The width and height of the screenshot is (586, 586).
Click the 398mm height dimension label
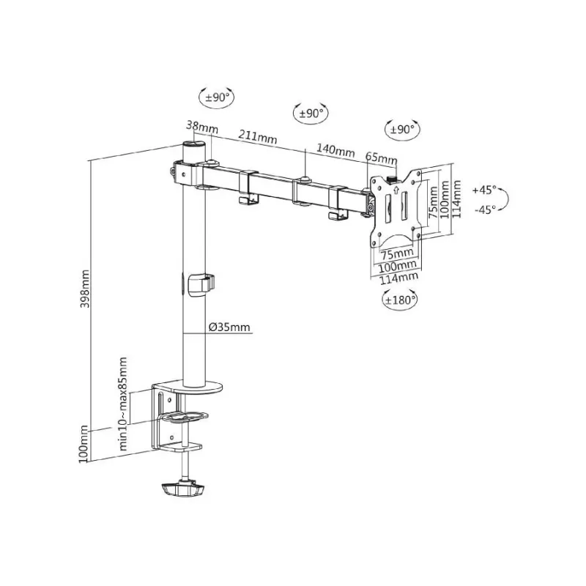pos(86,289)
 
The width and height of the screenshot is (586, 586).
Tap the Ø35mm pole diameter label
pos(229,327)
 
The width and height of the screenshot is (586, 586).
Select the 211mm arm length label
pos(258,136)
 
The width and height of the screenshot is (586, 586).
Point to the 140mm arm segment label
pos(335,150)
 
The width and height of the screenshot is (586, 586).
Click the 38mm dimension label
pos(202,126)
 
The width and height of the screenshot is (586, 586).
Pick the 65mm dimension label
pos(381,157)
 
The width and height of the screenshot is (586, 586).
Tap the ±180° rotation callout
pos(400,300)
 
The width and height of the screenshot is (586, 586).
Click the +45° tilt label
pos(484,190)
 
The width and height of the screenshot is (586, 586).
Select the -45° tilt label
pos(485,209)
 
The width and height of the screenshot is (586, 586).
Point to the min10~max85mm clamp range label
pos(123,404)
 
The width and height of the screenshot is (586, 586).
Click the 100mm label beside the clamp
pos(84,444)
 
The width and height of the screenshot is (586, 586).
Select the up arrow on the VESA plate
pos(396,190)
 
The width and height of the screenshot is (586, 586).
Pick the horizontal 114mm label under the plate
pos(398,278)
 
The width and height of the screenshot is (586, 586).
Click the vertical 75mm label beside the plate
pos(433,203)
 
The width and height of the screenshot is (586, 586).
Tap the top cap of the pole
pos(193,144)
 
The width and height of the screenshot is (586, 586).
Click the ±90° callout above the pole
pos(217,97)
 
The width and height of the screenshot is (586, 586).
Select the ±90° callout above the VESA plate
pos(402,130)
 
